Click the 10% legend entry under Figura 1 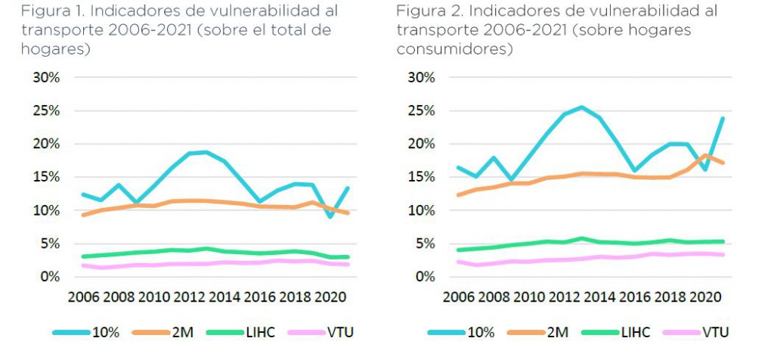(101, 332)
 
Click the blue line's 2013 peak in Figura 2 (580, 107)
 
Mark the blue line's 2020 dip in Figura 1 (330, 217)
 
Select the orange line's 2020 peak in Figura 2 (705, 155)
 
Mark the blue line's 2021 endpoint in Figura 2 (722, 119)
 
